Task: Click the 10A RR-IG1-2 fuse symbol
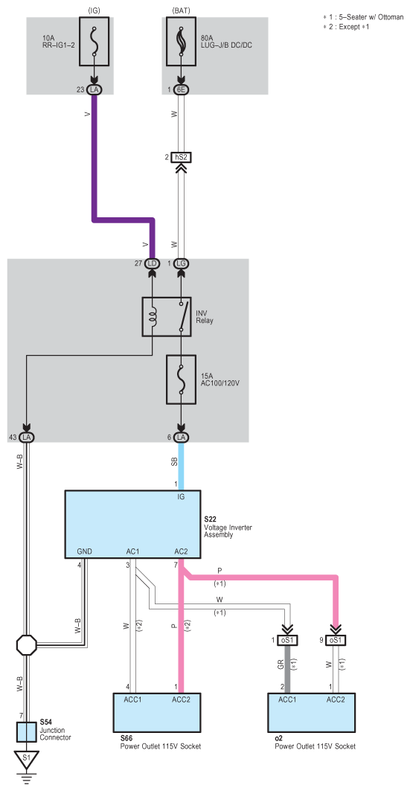pyautogui.click(x=95, y=41)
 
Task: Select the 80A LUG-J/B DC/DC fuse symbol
pyautogui.click(x=181, y=41)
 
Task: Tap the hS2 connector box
pyautogui.click(x=181, y=158)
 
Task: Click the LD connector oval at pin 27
pyautogui.click(x=152, y=264)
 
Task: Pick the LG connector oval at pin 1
pyautogui.click(x=181, y=264)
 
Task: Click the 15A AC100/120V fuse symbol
pyautogui.click(x=181, y=380)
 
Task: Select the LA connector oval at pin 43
pyautogui.click(x=27, y=437)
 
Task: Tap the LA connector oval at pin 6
pyautogui.click(x=181, y=437)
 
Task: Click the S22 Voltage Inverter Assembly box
pyautogui.click(x=132, y=524)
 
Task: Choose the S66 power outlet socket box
pyautogui.click(x=157, y=712)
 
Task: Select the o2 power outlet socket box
pyautogui.click(x=311, y=712)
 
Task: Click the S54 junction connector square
pyautogui.click(x=27, y=732)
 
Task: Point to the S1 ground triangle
pyautogui.click(x=27, y=759)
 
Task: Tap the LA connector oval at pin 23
pyautogui.click(x=95, y=90)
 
